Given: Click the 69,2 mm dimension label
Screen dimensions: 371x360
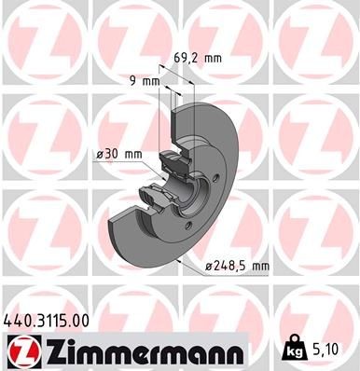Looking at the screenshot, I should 198,58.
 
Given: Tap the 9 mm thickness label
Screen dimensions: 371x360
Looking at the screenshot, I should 144,81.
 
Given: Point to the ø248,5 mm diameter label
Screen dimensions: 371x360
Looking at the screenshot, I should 237,267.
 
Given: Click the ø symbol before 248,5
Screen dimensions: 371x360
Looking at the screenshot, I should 209,267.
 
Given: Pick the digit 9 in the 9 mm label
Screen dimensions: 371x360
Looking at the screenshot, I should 134,81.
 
